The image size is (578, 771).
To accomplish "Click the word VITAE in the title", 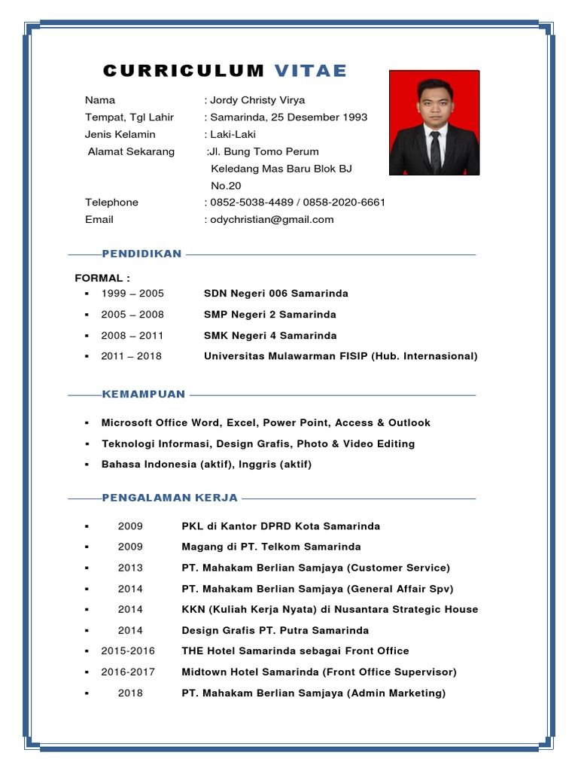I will (x=310, y=71).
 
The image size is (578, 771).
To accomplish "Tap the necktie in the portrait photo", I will (x=435, y=151).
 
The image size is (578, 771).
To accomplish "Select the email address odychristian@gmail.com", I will (x=272, y=219).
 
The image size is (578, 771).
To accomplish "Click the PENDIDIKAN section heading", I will (x=141, y=254).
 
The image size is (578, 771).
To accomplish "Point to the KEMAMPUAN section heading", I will (x=143, y=394).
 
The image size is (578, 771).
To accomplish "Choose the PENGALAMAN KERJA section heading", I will (x=169, y=498).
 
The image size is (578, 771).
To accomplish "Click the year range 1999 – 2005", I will (x=132, y=293).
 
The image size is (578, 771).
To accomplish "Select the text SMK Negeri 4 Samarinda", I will (x=270, y=335).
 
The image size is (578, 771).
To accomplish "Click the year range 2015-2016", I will (x=129, y=651).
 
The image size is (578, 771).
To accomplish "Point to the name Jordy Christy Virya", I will (x=257, y=100).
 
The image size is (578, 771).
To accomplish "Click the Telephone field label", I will (x=111, y=202).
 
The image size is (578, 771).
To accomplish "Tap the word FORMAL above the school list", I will (x=99, y=278).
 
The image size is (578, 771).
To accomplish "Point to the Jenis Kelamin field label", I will (x=120, y=134).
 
